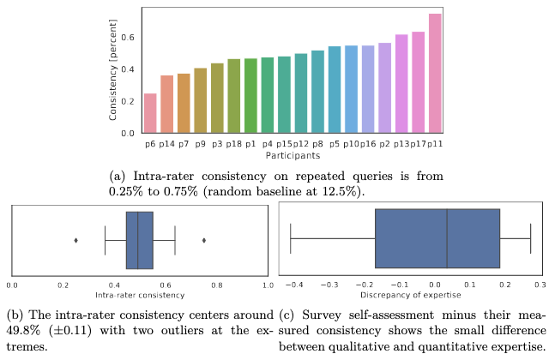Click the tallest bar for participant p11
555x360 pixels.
[435, 74]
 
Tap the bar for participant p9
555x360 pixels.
[200, 100]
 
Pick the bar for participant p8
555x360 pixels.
[317, 92]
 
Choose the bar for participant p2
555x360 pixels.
[384, 87]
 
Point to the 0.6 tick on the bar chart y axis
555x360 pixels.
[129, 38]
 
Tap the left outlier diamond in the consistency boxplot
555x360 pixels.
[76, 240]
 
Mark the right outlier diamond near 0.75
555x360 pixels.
[203, 240]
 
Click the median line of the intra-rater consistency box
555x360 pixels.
[137, 240]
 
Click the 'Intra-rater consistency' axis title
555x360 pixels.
[139, 295]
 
